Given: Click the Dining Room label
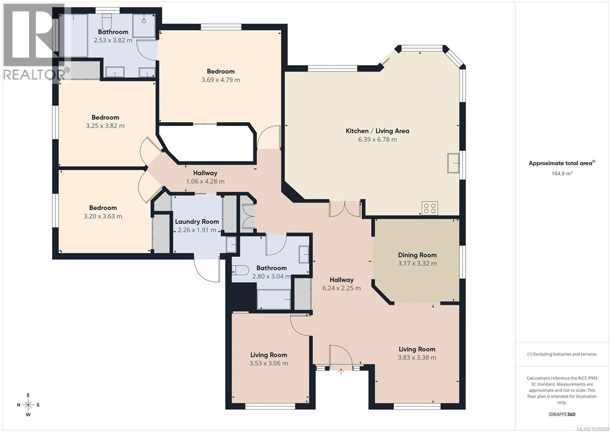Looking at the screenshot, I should tap(417, 255).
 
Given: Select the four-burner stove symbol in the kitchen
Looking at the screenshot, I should tap(429, 208).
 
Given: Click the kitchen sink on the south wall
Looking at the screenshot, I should tap(453, 163).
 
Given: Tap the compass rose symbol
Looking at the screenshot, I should tap(28, 405).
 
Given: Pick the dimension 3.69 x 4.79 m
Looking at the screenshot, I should tap(220, 80).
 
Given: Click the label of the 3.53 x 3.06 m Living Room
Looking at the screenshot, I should tap(269, 355).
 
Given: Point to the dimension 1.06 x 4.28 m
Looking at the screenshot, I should tap(205, 181).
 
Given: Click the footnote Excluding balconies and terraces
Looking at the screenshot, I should tap(562, 354).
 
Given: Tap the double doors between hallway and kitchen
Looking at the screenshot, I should tap(345, 209).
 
